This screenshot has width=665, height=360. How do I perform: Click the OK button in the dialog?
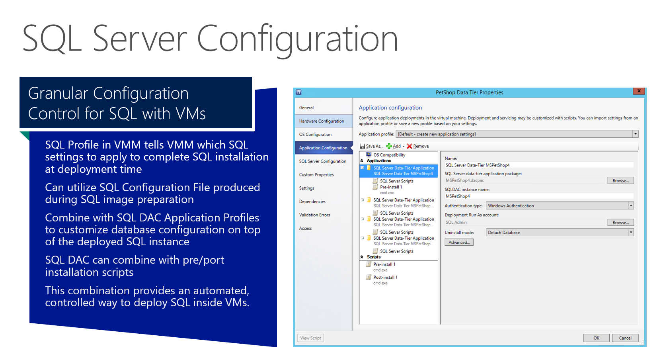(x=596, y=338)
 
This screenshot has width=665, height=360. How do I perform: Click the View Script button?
(x=310, y=338)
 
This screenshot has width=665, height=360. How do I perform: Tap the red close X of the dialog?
(x=639, y=91)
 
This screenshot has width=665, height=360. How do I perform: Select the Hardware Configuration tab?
(x=322, y=121)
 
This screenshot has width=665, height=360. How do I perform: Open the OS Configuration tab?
(x=315, y=134)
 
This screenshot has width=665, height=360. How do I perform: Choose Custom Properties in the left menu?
(x=316, y=175)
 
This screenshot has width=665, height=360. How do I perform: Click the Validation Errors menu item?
(x=315, y=215)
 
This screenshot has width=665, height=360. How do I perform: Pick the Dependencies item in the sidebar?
(x=312, y=202)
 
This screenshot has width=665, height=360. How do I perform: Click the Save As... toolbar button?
(x=372, y=146)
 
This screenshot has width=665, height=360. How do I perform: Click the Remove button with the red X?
(x=418, y=146)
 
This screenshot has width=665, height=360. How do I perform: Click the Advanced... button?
(x=459, y=243)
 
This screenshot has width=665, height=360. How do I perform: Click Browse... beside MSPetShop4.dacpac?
(x=620, y=180)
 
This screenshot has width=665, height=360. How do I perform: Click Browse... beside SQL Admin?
(x=620, y=223)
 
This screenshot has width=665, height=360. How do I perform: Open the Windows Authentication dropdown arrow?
(x=631, y=205)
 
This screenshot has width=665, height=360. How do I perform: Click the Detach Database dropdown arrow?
(x=631, y=232)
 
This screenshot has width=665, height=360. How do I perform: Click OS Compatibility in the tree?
(x=389, y=155)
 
